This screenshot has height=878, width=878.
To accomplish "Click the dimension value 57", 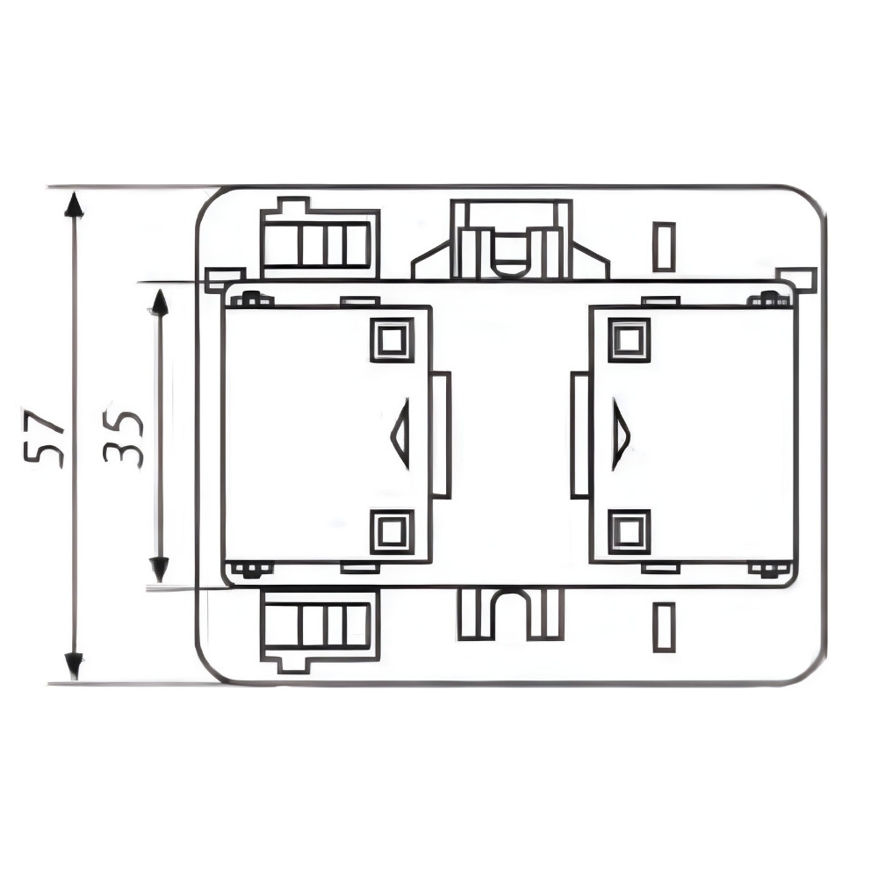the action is [44, 439].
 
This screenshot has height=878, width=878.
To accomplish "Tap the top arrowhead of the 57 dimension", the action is [74, 204].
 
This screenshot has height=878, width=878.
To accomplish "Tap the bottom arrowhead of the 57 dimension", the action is [74, 666].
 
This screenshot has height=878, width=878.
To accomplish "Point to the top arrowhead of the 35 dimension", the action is [160, 302].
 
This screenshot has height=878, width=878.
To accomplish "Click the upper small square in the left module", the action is [392, 339].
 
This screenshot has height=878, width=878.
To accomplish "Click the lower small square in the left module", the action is [392, 531].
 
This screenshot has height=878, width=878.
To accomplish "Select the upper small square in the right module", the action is [630, 339].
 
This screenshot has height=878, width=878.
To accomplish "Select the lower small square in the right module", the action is [630, 531].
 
